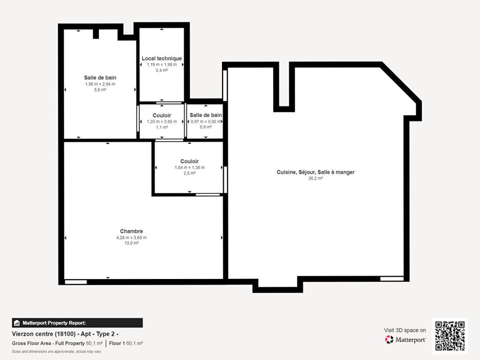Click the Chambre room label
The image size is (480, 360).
[131, 231]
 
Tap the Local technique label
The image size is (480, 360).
[162, 58]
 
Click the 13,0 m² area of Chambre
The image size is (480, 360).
[131, 243]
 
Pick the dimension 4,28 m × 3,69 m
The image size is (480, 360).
[131, 238]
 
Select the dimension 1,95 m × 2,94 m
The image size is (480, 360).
[100, 84]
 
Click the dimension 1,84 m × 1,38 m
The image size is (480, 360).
[189, 167]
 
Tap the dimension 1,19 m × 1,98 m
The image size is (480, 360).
[162, 65]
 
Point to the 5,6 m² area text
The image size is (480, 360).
[100, 90]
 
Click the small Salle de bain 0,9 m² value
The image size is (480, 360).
[206, 127]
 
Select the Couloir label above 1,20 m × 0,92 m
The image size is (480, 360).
[162, 116]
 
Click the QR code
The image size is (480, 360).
[450, 336]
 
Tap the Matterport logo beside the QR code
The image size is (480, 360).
[405, 340]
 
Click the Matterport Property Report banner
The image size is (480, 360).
[77, 323]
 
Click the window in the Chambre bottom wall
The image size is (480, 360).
[76, 282]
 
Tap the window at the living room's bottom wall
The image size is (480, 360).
[392, 279]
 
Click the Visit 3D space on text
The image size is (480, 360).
[404, 330]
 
